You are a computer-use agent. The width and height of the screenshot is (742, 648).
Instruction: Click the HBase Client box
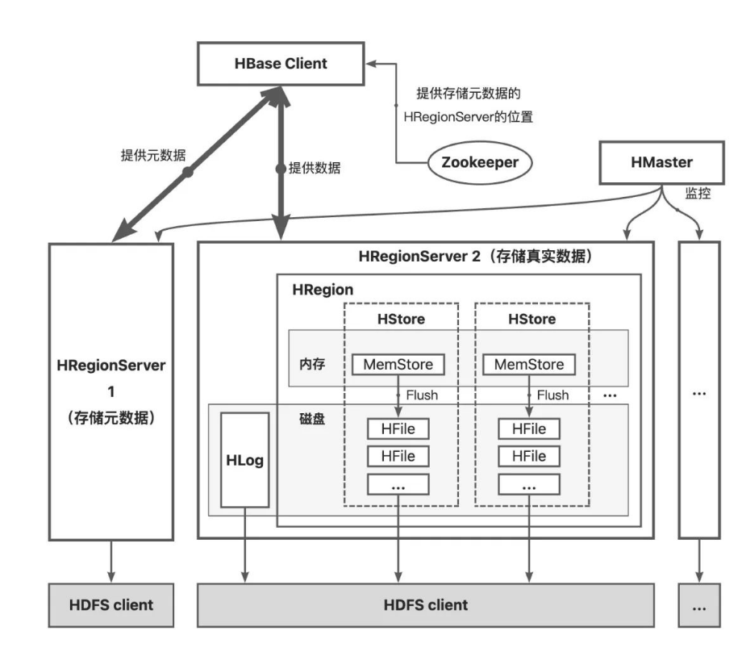click(x=282, y=64)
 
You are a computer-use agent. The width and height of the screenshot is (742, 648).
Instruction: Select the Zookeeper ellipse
click(x=479, y=161)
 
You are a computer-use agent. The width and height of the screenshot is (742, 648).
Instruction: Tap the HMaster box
click(x=661, y=162)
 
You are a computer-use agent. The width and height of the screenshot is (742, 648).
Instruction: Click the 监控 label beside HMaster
click(x=698, y=194)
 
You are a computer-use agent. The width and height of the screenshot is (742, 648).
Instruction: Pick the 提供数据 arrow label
click(x=315, y=169)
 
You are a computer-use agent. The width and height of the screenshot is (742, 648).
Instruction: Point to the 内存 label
click(x=311, y=364)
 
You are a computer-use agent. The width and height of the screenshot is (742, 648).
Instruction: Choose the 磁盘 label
click(x=311, y=420)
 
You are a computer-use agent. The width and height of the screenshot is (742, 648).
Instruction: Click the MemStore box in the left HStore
click(x=398, y=365)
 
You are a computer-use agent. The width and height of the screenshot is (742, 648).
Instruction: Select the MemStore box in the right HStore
click(x=528, y=365)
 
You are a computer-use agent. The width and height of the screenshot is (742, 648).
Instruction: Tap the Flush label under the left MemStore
click(x=421, y=395)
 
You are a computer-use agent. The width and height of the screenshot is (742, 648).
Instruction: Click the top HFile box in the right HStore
click(x=528, y=429)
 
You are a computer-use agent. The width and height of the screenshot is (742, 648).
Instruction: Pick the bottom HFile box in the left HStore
click(x=398, y=456)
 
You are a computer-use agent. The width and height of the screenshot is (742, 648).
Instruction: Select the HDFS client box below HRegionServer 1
click(x=111, y=604)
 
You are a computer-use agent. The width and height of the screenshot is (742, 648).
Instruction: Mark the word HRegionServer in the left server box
click(x=111, y=366)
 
